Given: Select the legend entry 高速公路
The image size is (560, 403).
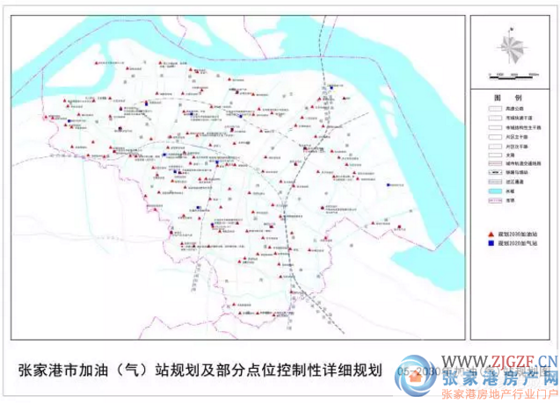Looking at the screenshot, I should point(513,108).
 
